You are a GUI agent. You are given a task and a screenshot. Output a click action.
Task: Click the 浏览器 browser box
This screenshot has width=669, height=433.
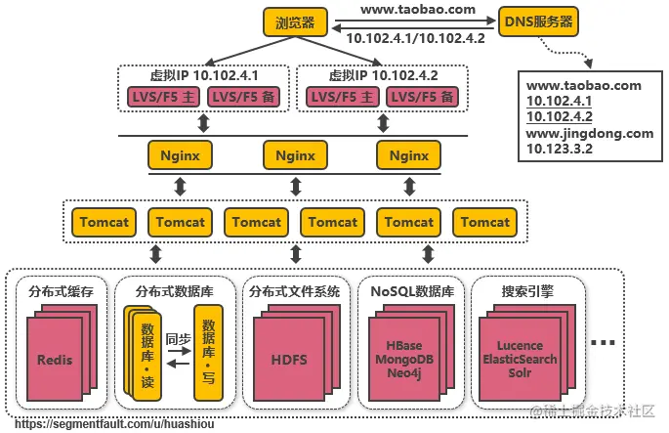point(295,21)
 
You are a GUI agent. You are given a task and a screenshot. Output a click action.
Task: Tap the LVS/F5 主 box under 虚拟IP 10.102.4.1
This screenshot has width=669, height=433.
point(162,97)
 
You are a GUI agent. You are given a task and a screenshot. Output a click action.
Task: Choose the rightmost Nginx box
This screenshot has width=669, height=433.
point(408,155)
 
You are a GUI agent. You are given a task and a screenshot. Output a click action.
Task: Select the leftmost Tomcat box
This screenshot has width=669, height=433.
point(103,222)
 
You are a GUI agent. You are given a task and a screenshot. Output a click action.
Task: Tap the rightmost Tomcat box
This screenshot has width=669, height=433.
point(485,222)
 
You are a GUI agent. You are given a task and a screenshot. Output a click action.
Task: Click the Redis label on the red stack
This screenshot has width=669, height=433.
point(55,360)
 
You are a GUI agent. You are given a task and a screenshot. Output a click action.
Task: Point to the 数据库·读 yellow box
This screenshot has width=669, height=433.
point(146,353)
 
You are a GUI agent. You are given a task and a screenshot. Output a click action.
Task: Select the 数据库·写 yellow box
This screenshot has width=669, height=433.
point(206,353)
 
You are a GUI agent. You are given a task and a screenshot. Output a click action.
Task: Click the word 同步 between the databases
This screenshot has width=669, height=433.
point(177,338)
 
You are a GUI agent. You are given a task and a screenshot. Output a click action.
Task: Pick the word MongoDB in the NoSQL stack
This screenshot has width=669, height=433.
point(402,360)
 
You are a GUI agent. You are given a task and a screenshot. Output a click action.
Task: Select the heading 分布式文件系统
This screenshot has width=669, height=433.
point(294,290)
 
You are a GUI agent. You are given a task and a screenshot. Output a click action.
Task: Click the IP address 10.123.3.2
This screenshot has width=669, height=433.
point(561,149)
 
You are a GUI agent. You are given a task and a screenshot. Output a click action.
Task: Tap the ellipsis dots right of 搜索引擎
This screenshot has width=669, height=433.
point(604,343)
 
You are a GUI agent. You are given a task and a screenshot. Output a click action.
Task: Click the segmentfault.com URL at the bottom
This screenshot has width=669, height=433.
point(107,425)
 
